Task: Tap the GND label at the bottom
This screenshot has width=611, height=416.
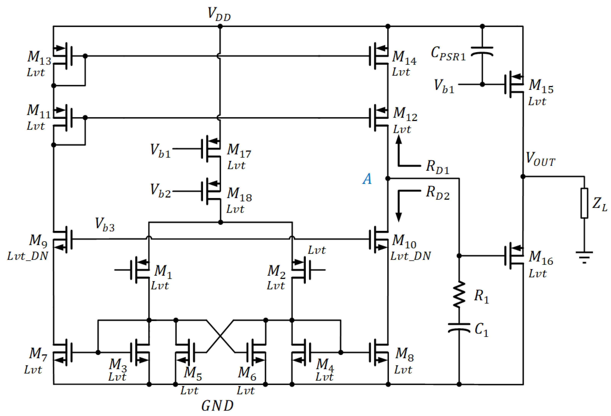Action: click(217, 406)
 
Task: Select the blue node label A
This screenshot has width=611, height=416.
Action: click(367, 179)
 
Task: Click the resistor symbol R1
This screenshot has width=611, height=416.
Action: click(459, 294)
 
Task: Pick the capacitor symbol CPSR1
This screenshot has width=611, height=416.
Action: click(482, 51)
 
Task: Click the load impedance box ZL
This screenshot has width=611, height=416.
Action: click(584, 203)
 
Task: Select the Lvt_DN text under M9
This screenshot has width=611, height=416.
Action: click(28, 256)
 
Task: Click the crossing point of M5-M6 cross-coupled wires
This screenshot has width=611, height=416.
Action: click(220, 336)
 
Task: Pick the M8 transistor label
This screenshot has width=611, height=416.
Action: click(404, 354)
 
